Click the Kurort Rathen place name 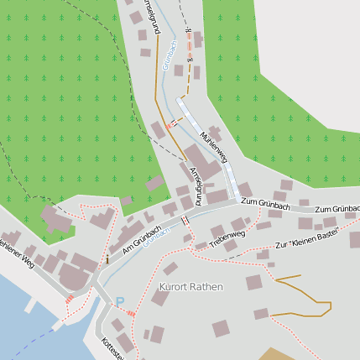190,287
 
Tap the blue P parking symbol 119,302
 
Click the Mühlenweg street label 213,146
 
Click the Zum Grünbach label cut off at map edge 337,207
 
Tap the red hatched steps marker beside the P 130,313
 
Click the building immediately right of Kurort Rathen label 253,282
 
